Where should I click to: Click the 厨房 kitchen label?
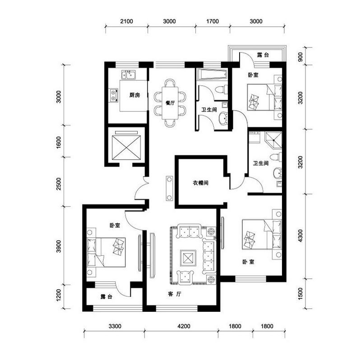134,95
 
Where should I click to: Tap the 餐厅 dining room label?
170,103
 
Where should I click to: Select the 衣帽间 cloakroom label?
200,183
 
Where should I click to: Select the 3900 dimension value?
58,246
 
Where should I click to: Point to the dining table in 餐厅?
170,103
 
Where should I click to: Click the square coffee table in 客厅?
187,259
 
